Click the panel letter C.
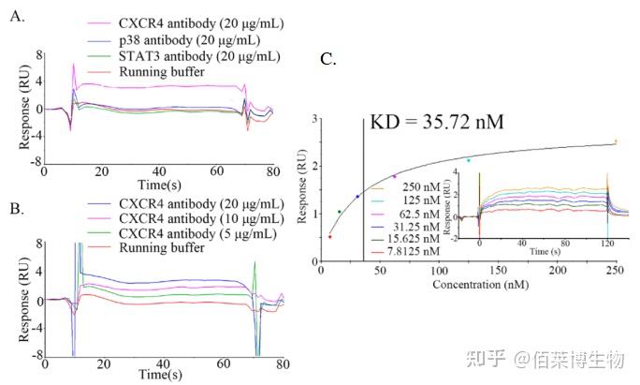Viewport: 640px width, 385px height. pyautogui.click(x=327, y=60)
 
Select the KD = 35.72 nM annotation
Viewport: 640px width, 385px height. pyautogui.click(x=437, y=124)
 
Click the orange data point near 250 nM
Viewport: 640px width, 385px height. pyautogui.click(x=615, y=141)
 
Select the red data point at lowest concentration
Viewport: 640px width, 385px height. pyautogui.click(x=329, y=236)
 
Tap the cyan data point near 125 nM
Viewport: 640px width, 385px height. pyautogui.click(x=469, y=160)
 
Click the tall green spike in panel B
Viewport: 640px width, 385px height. pyautogui.click(x=255, y=266)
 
